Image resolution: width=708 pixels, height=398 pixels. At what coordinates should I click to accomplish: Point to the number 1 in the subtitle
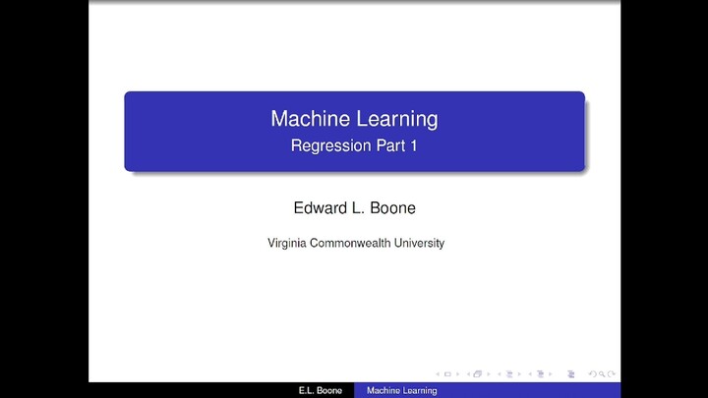point(414,146)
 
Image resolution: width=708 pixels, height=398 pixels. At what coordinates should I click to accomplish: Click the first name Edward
point(316,207)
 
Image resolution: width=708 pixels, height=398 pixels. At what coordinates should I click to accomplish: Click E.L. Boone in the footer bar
point(320,391)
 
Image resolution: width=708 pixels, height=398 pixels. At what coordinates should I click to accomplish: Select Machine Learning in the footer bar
point(401,391)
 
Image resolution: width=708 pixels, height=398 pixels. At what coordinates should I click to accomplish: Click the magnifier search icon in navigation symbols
point(601,373)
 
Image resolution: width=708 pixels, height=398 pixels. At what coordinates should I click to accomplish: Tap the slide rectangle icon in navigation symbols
point(447,373)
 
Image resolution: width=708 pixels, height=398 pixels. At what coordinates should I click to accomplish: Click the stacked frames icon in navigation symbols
point(479,373)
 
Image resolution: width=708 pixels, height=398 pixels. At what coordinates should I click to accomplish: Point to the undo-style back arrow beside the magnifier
point(591,373)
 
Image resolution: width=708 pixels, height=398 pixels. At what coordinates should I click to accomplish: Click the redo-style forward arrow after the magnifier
point(612,373)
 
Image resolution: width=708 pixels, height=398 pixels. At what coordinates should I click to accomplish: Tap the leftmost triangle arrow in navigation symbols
point(437,373)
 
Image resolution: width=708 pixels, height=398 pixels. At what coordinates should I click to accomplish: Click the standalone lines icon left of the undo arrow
point(571,373)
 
